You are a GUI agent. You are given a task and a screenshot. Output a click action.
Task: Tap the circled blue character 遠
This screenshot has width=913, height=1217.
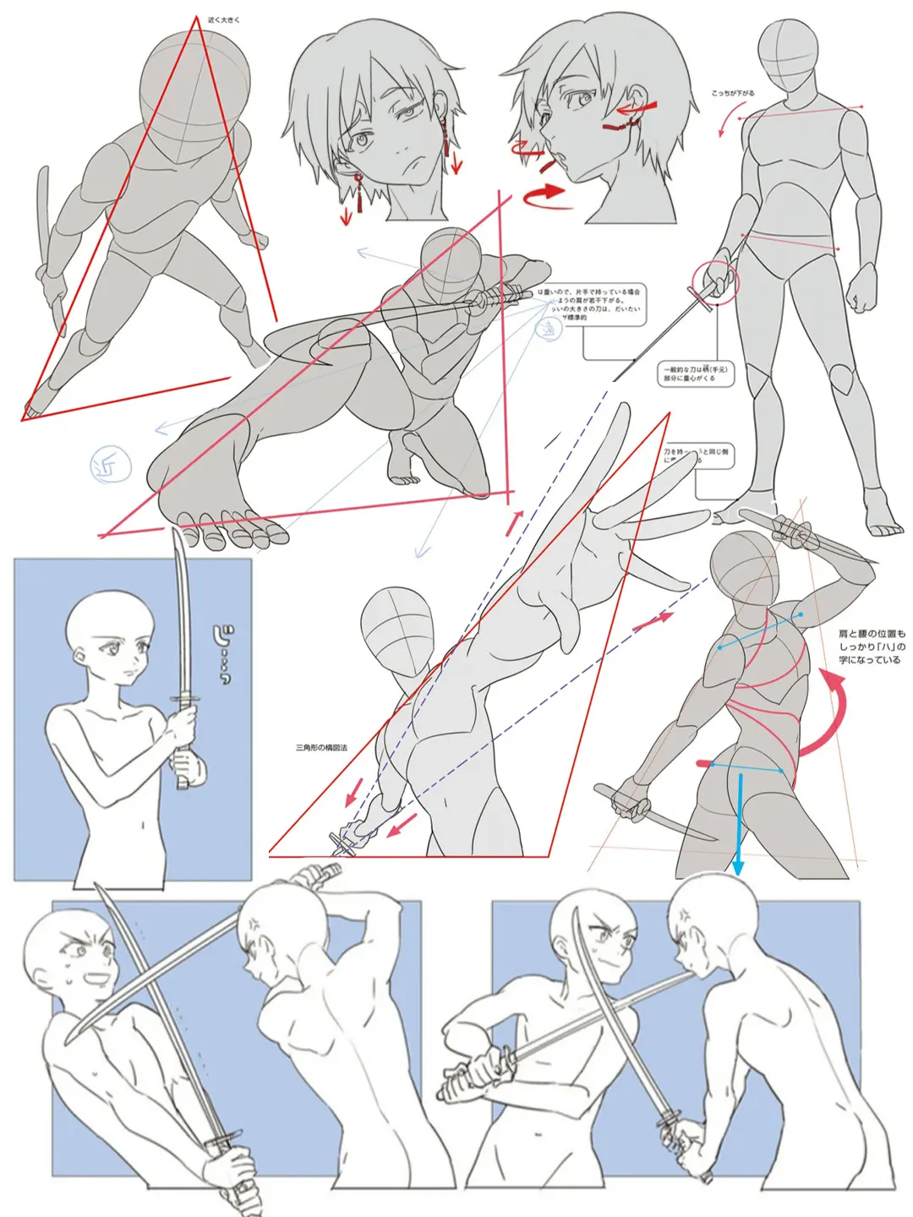click(x=550, y=329)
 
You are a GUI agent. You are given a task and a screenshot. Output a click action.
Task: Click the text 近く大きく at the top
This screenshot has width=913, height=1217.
click(x=223, y=19)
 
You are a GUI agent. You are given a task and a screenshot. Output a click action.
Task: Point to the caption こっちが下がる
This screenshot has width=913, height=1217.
click(x=732, y=94)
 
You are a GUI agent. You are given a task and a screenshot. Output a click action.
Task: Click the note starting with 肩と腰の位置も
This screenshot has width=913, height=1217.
click(x=871, y=646)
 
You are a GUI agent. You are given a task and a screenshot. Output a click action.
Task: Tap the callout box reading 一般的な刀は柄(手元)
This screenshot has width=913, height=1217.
click(x=696, y=374)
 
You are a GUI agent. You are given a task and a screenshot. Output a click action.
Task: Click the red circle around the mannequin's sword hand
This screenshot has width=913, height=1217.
click(x=715, y=283)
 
